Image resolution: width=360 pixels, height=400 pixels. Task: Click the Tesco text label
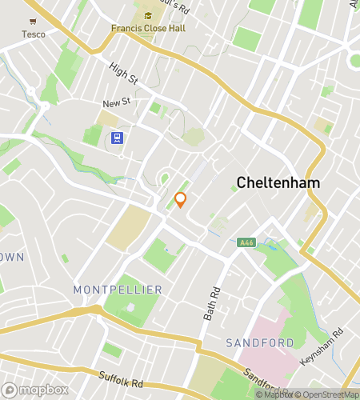pyautogui.click(x=34, y=34)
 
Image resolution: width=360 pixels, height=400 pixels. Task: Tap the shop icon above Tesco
pyautogui.click(x=34, y=21)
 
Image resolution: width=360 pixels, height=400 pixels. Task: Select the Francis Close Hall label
pyautogui.click(x=148, y=29)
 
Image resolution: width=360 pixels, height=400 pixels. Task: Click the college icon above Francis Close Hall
pyautogui.click(x=148, y=15)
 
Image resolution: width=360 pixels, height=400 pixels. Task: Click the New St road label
pyautogui.click(x=116, y=103)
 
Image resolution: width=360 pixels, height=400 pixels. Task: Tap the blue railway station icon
pyautogui.click(x=118, y=138)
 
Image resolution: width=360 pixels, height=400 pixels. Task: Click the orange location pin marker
pyautogui.click(x=181, y=199)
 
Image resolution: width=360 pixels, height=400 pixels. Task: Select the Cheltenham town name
pyautogui.click(x=278, y=182)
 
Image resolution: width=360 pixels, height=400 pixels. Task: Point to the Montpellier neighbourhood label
pyautogui.click(x=118, y=289)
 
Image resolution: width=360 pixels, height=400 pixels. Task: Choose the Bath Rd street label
pyautogui.click(x=211, y=304)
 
